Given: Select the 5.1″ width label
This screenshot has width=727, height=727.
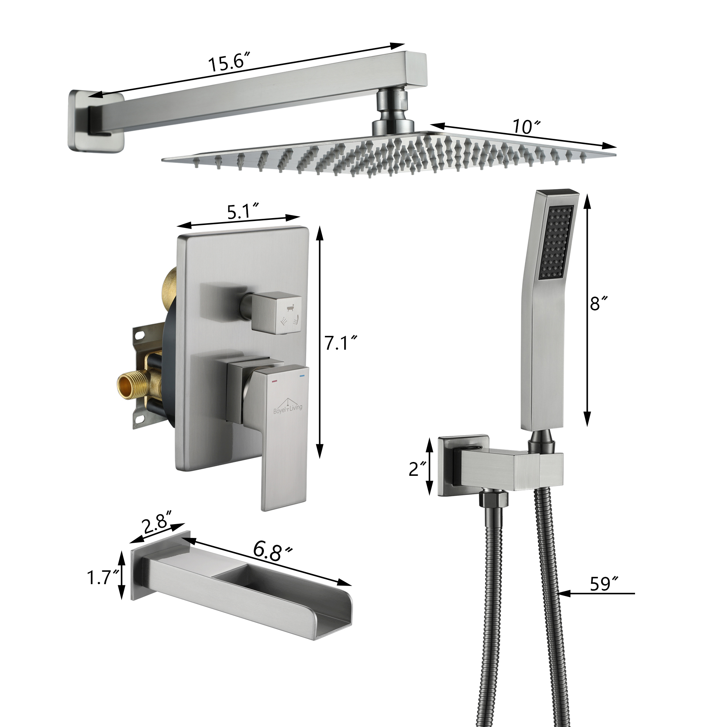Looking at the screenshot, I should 243,212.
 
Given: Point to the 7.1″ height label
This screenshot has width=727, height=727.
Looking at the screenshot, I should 340,343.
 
